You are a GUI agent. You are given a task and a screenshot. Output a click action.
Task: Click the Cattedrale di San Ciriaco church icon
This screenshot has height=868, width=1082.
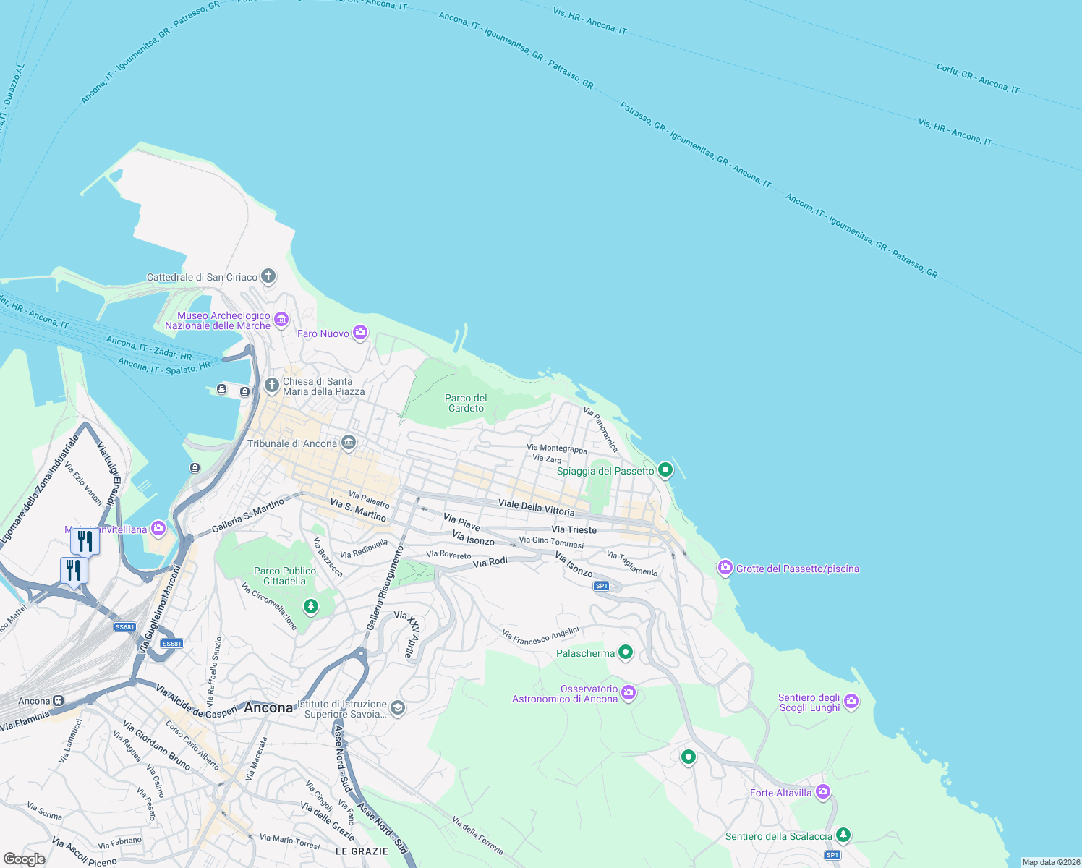pos(268,276)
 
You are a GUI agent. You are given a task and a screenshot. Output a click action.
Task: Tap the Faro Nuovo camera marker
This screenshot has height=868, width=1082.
pos(360,333)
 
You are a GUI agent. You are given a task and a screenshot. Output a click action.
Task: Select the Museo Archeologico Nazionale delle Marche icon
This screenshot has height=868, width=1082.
pos(281,319)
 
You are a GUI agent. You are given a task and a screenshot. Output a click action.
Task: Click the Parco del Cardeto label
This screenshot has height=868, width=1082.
pos(466,403)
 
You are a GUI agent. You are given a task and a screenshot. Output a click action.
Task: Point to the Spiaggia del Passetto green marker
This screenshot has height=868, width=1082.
pos(665,470)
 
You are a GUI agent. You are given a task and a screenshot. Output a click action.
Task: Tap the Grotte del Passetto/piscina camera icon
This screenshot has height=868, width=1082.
pos(725,568)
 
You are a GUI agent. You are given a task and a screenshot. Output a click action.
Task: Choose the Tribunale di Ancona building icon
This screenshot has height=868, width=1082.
pos(349,443)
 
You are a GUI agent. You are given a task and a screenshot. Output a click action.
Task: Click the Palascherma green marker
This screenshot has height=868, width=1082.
pos(626,652)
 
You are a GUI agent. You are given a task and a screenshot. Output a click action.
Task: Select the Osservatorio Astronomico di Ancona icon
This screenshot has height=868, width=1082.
pos(629,693)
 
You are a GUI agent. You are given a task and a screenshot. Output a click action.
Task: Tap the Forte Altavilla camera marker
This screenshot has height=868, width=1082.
pos(822,792)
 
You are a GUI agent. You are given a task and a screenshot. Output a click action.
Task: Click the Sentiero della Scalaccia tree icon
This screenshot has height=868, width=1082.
pos(843,835)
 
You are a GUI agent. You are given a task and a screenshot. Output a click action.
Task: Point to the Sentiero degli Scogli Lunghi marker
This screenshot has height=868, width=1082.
pos(851,701)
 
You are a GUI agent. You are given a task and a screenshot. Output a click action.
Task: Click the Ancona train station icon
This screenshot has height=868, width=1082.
pos(58,700)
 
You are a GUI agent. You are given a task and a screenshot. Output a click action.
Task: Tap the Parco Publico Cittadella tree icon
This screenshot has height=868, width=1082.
pos(311,606)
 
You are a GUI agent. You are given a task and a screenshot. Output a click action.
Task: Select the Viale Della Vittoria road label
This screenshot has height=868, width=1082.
pos(536,507)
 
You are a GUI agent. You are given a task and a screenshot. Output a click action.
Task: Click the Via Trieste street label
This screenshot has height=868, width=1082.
pos(574,529)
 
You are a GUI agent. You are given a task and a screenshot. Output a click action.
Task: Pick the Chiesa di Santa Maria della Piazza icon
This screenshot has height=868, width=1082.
pos(271,385)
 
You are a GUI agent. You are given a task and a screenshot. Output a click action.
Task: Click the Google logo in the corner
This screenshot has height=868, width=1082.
pos(24,859)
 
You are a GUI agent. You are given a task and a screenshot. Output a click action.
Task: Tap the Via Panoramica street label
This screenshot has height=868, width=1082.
pos(601,429)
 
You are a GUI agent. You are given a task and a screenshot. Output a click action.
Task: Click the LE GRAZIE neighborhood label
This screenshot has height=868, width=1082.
pos(362,851)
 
